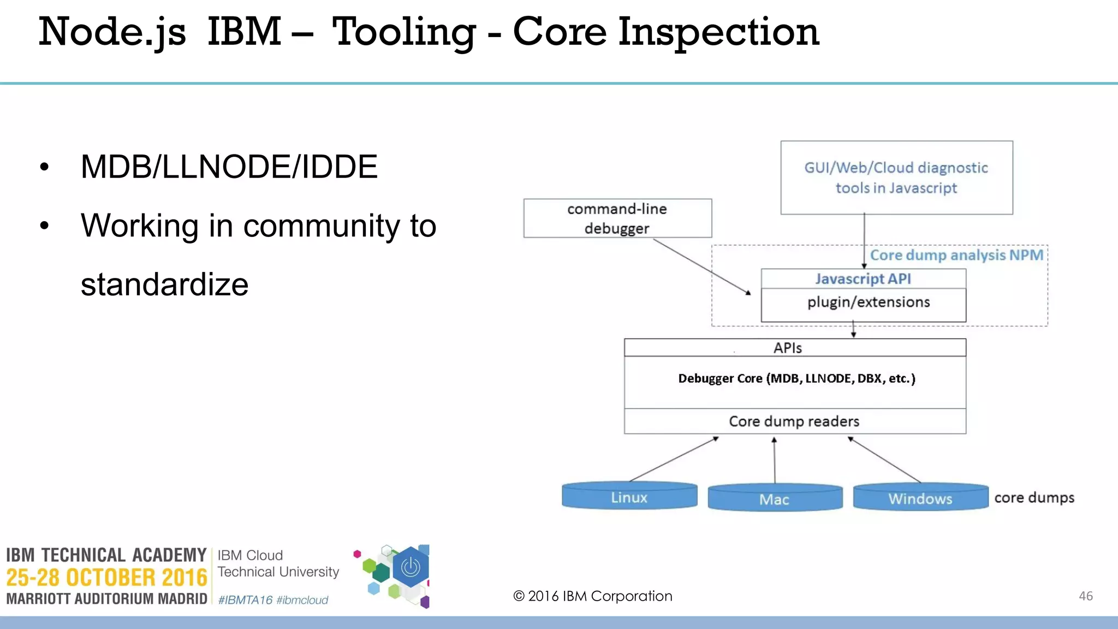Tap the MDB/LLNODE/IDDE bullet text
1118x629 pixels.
tap(229, 167)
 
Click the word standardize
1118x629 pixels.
tap(164, 284)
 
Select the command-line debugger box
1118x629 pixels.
tap(617, 218)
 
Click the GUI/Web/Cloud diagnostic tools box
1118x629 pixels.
tap(896, 177)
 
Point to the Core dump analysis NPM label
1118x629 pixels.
tap(956, 255)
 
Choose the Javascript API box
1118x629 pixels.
tap(863, 279)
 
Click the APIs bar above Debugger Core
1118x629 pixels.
tap(788, 348)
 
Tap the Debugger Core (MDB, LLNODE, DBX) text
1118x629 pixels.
tap(796, 379)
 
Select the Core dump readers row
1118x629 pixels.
tap(794, 422)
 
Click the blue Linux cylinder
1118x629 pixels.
tap(629, 497)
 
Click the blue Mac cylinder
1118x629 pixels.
tap(775, 499)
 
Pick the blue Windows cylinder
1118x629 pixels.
tap(920, 498)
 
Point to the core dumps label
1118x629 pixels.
tap(1034, 498)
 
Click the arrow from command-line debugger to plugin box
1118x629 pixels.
tap(701, 266)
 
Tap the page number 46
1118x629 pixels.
tap(1085, 596)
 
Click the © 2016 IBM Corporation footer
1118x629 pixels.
tap(593, 596)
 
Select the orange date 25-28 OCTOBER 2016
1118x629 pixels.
tap(106, 578)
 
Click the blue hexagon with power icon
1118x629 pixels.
tap(411, 568)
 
